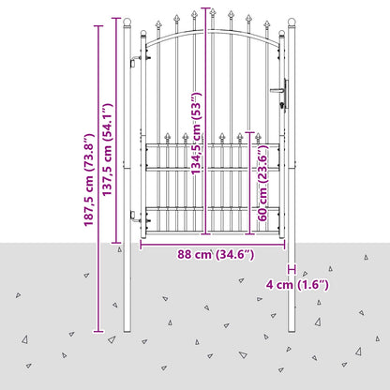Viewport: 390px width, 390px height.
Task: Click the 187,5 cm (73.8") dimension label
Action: tap(89, 180)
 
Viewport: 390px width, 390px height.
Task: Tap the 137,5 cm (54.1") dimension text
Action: tap(107, 150)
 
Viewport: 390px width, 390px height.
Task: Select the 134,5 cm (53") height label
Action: tap(197, 133)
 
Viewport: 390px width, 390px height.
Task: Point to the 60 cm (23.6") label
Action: tap(262, 183)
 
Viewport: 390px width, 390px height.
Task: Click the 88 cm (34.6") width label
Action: tap(216, 255)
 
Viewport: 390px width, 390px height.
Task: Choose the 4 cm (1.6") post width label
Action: tap(297, 285)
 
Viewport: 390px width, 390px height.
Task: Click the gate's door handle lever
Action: tap(277, 91)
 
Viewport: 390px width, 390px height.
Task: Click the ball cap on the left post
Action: tap(127, 22)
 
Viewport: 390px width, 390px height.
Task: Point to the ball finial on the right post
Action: tap(292, 22)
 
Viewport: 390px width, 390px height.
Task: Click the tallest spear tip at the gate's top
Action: tap(213, 12)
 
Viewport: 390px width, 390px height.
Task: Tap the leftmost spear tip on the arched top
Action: tap(158, 24)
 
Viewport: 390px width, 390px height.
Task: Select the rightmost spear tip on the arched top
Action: tap(266, 24)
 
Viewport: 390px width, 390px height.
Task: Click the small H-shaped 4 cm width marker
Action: tap(292, 269)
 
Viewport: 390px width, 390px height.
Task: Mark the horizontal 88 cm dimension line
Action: tap(213, 245)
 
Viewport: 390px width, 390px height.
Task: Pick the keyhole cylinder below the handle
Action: tap(283, 105)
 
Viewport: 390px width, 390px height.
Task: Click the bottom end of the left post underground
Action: tap(127, 331)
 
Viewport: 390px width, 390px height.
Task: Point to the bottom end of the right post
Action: tap(292, 331)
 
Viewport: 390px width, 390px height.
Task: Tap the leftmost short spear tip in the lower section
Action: tap(168, 136)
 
